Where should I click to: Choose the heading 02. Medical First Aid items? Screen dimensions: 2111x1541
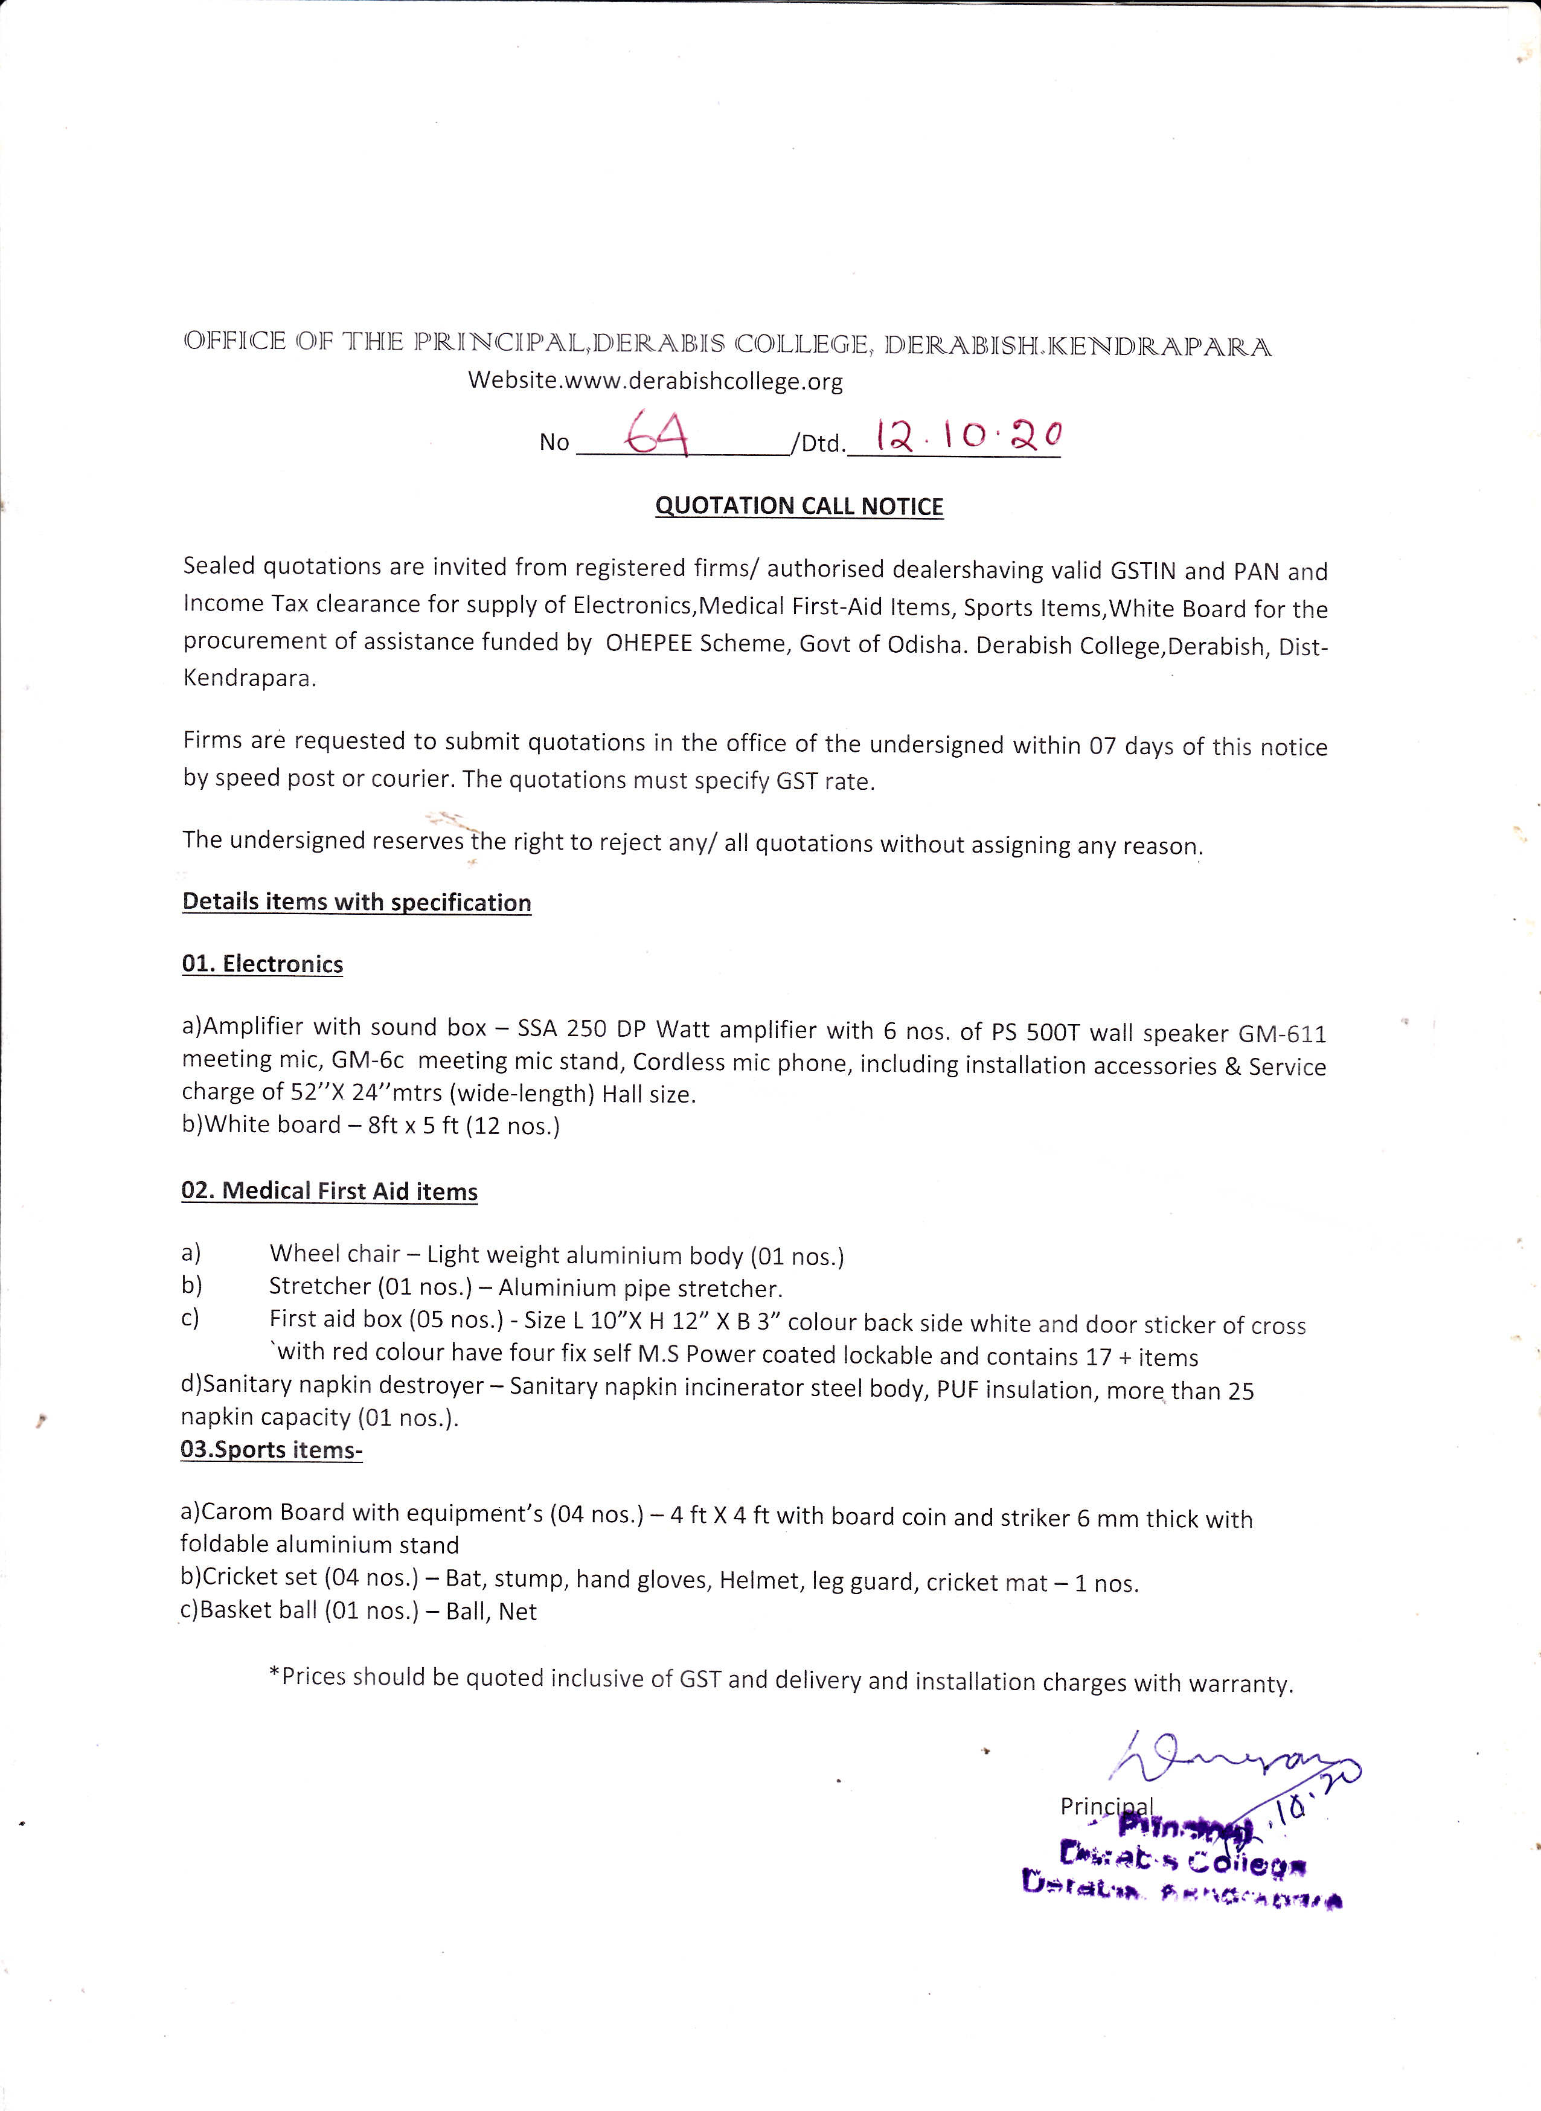click(x=329, y=1191)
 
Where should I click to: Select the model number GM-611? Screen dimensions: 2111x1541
click(x=1282, y=1034)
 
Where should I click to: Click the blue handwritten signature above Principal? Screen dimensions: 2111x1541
click(x=1231, y=1760)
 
